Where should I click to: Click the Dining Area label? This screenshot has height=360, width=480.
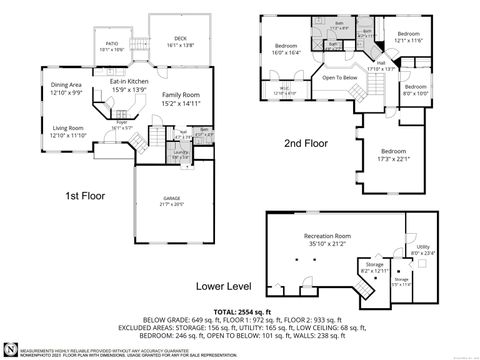tap(66, 88)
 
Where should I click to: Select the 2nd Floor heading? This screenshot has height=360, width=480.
tap(305, 144)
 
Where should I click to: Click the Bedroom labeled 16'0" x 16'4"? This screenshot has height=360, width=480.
tap(287, 48)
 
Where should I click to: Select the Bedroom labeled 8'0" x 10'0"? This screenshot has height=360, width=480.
tap(415, 90)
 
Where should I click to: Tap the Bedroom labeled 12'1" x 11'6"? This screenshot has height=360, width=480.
tap(408, 37)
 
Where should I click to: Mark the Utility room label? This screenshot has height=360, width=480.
tap(423, 248)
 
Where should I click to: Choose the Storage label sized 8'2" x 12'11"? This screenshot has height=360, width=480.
tap(373, 267)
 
